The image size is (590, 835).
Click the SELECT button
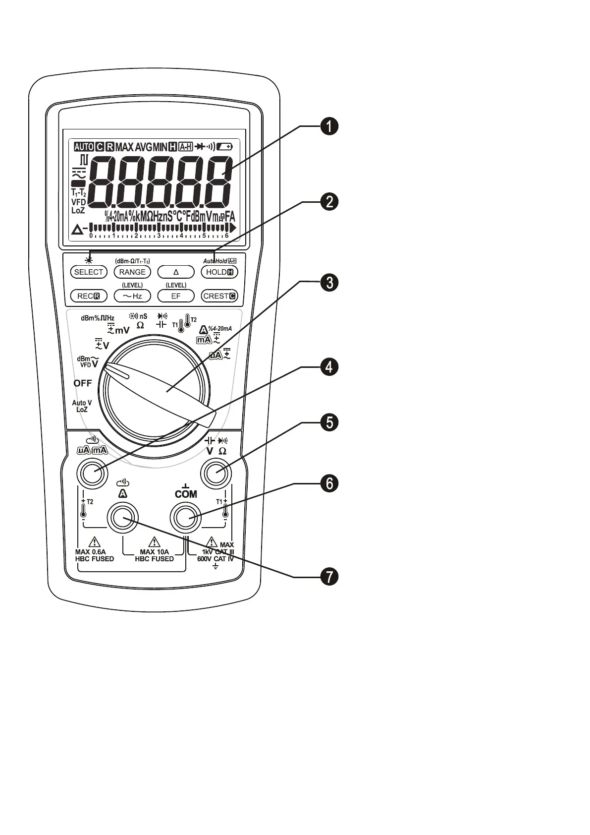[x=89, y=272]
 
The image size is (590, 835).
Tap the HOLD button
[x=219, y=272]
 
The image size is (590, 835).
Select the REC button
[x=89, y=296]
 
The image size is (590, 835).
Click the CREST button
[x=219, y=296]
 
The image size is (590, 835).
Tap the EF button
[x=176, y=296]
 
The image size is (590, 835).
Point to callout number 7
[x=328, y=576]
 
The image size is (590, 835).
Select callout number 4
[x=328, y=367]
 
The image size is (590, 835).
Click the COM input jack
[x=185, y=518]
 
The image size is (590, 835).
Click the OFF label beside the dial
[x=83, y=383]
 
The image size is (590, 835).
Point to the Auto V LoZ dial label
[x=82, y=406]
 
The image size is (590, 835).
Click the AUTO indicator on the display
[x=84, y=147]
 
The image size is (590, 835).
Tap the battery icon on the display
[x=225, y=147]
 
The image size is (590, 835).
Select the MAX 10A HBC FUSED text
[x=154, y=555]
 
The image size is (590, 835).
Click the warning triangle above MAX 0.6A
[x=94, y=541]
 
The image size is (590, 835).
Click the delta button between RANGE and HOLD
[x=176, y=272]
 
